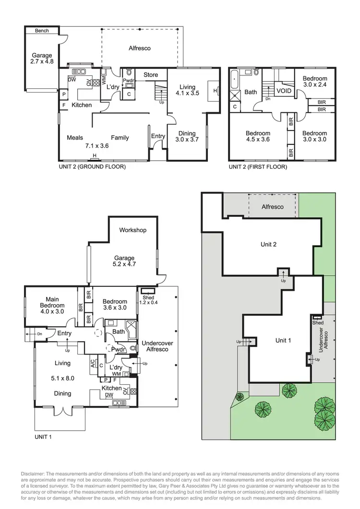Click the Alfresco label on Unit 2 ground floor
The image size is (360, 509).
pyautogui.click(x=140, y=48)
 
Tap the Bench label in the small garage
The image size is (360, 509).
pyautogui.click(x=42, y=31)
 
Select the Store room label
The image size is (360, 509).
pyautogui.click(x=151, y=75)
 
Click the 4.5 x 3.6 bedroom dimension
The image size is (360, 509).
pyautogui.click(x=258, y=140)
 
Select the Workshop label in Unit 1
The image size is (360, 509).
pyautogui.click(x=133, y=230)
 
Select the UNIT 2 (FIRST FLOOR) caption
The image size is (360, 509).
pyautogui.click(x=257, y=167)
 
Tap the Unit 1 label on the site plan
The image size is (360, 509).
pyautogui.click(x=282, y=340)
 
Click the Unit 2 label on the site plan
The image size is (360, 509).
pyautogui.click(x=268, y=244)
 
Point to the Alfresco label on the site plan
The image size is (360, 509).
pyautogui.click(x=272, y=207)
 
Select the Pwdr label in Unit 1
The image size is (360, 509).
pyautogui.click(x=118, y=350)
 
